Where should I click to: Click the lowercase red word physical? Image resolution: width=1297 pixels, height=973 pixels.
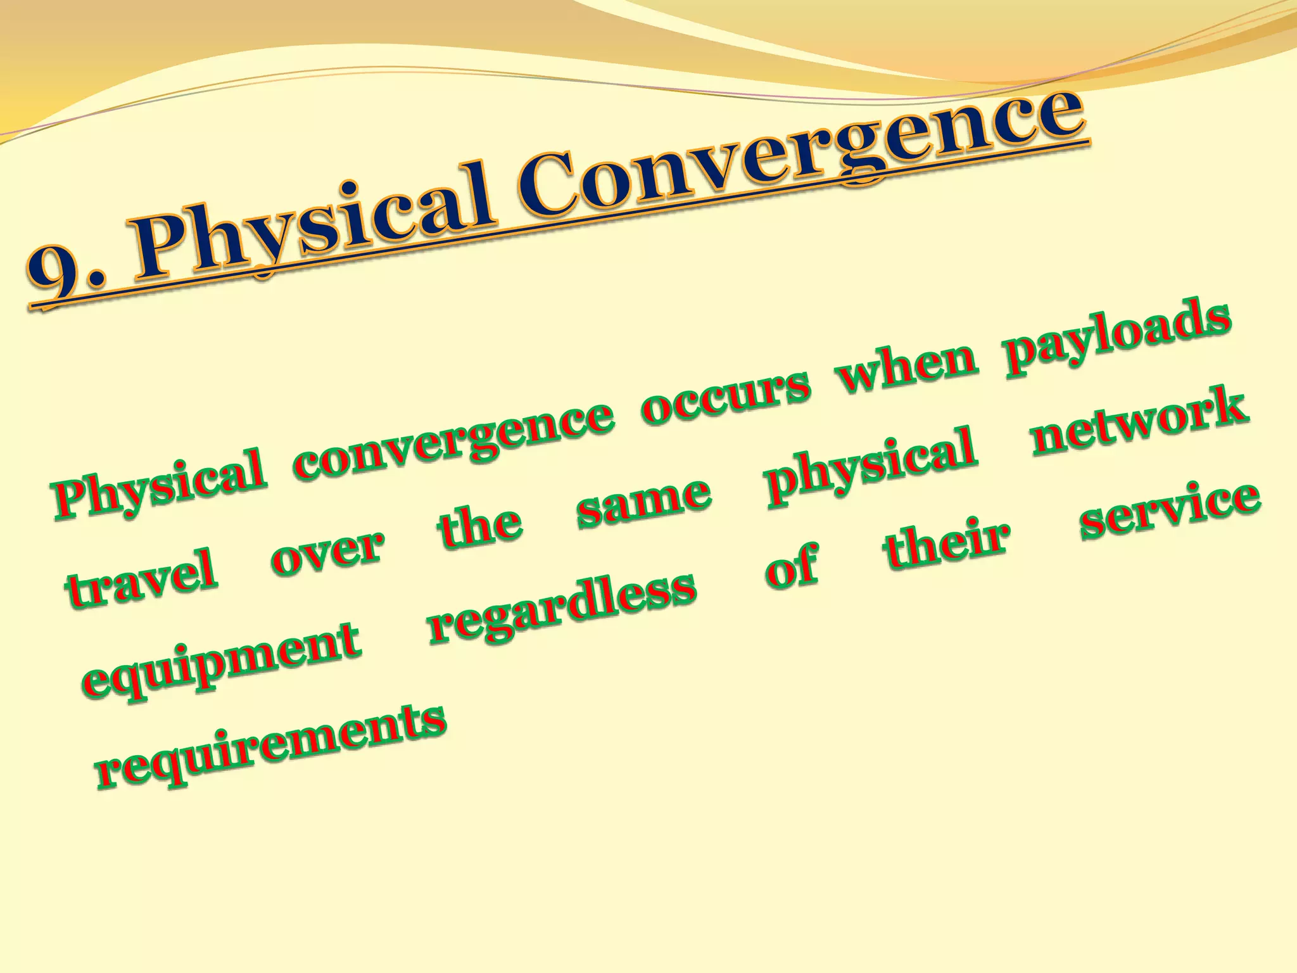point(871,466)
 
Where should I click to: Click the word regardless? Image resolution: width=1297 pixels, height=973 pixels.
point(562,608)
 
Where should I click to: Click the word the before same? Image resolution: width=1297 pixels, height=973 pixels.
point(480,528)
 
